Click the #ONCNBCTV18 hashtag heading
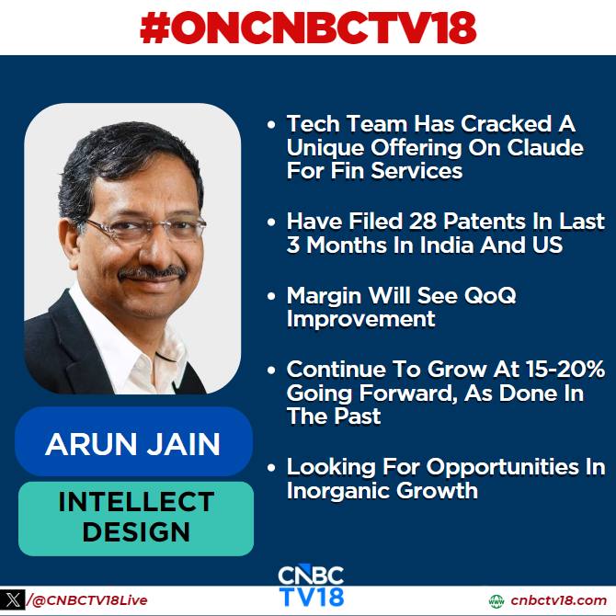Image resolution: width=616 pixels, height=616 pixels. point(308,28)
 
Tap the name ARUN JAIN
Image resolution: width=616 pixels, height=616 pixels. point(132,444)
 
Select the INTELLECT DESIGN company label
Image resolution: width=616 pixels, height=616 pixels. point(136,517)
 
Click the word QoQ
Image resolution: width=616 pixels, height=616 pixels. point(490,295)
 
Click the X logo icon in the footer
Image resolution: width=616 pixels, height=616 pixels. point(13,599)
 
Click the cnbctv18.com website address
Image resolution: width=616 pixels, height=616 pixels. point(559,600)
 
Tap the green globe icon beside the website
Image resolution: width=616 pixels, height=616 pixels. point(496,601)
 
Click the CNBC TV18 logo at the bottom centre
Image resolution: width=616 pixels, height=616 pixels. point(311,586)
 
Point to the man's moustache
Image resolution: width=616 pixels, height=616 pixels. point(153,273)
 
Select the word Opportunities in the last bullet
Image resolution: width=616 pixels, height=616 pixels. point(503,468)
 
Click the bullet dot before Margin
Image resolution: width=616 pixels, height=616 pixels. point(271,296)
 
